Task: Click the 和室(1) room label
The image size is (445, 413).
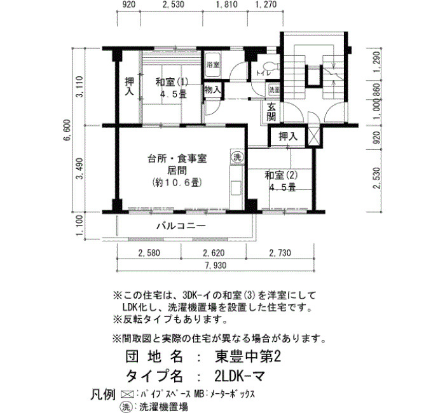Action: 172,82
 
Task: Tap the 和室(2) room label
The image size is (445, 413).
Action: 281,175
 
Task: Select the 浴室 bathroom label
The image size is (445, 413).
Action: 213,65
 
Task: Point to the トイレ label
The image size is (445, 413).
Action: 263,73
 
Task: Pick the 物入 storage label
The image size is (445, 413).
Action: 212,90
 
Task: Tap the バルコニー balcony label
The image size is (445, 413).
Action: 181,226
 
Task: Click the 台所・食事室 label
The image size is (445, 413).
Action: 177,159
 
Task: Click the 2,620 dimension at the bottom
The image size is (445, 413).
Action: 214,252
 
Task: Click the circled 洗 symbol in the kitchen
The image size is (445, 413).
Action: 236,157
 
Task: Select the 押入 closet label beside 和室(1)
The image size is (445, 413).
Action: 130,86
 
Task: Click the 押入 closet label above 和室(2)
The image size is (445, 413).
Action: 288,137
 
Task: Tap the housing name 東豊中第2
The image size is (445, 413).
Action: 248,356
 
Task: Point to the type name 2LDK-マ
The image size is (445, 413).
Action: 240,376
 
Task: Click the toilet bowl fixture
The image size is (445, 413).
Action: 271,66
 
